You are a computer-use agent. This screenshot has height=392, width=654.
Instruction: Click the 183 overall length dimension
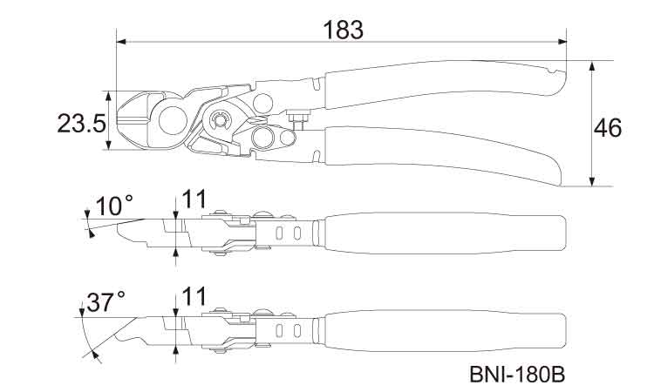pos(343,29)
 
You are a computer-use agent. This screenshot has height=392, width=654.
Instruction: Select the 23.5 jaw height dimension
pos(82,122)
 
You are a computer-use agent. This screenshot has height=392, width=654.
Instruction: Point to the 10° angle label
pos(115,206)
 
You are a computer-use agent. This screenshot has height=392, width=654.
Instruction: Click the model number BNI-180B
pos(518,375)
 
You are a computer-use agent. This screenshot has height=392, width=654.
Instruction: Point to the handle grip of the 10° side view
pos(445,233)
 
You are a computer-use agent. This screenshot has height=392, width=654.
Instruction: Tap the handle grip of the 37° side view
pos(445,331)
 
